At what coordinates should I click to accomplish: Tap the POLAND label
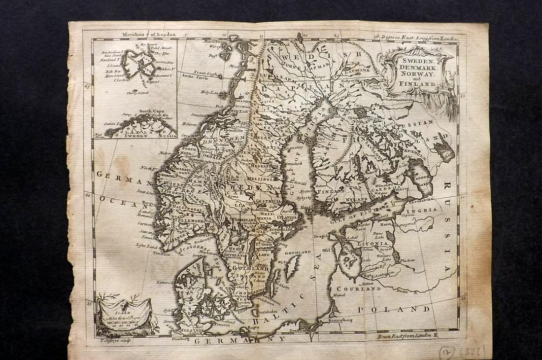(393, 309)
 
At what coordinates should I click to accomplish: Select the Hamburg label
(181, 339)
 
